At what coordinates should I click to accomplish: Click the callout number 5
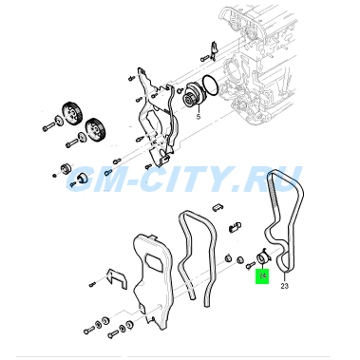(x=199, y=117)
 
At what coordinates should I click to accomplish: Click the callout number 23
(x=285, y=286)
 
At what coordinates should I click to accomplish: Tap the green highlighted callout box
(x=262, y=275)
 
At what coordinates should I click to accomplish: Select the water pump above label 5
(x=194, y=95)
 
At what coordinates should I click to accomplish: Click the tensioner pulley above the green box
(x=263, y=257)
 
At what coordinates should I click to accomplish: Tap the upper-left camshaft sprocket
(x=72, y=113)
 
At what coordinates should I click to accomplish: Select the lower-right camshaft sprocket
(x=94, y=129)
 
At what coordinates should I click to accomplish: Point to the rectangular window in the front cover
(x=154, y=262)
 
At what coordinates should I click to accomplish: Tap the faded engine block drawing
(x=259, y=64)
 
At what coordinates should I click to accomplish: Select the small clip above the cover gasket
(x=218, y=206)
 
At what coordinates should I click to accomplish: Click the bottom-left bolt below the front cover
(x=88, y=331)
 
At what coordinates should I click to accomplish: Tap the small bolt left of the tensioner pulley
(x=250, y=266)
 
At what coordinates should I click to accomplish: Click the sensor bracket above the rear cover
(x=214, y=50)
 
